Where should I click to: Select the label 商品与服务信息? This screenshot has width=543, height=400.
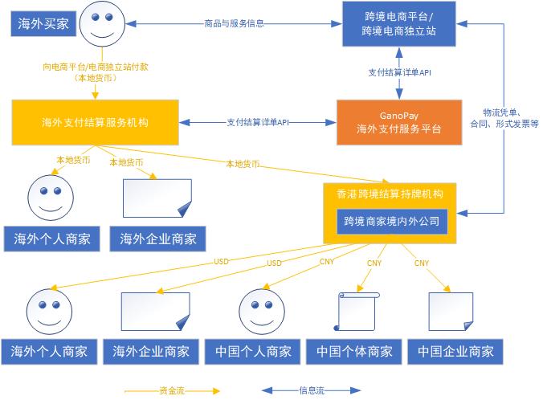(234, 23)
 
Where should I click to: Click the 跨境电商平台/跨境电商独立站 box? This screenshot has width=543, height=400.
(399, 23)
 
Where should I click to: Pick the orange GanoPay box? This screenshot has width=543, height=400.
(399, 122)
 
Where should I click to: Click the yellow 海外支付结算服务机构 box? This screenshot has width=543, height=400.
(95, 122)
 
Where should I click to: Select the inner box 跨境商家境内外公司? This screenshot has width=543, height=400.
(391, 220)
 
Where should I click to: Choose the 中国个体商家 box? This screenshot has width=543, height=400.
(354, 351)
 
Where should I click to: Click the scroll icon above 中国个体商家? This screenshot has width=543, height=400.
(354, 308)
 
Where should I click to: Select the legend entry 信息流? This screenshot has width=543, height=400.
(312, 391)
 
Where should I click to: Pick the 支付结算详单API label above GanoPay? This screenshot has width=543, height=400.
(399, 72)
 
